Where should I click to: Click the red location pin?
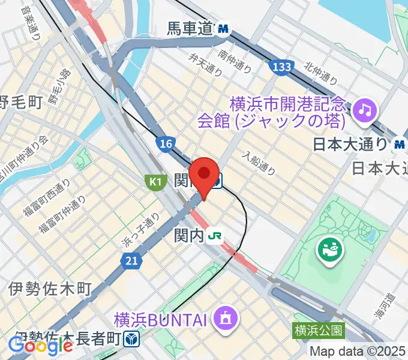pos(205,174)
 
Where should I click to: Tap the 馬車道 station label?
pos(190,28)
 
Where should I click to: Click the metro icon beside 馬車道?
pos(224,28)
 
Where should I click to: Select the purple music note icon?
pos(364,109)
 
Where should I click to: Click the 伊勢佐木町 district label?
pos(50,290)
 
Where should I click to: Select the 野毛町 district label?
pos(21,103)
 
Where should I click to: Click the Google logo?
pos(40,346)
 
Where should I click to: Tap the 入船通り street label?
pos(259,163)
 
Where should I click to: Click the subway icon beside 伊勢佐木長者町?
pos(132,340)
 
